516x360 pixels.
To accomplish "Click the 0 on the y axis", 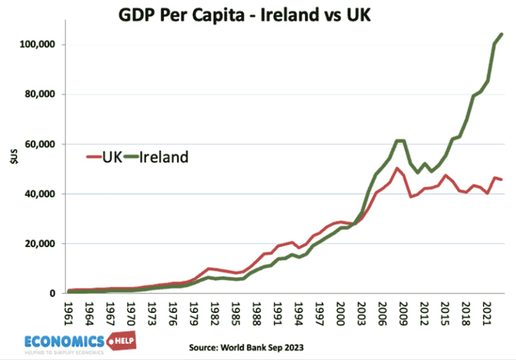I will tap(52, 294).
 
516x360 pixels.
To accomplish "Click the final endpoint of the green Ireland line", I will tap(502, 34).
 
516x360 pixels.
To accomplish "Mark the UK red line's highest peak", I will tap(396, 168).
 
